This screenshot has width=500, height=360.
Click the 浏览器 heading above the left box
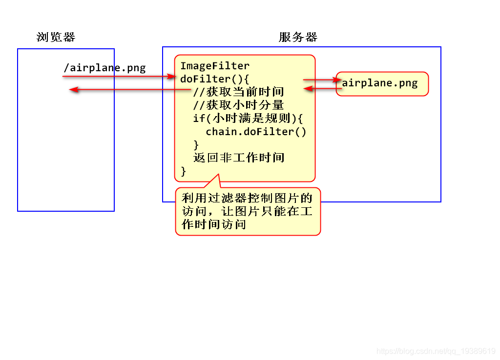(x=56, y=37)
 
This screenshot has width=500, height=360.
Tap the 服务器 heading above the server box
(x=298, y=37)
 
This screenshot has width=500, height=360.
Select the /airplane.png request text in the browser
(x=104, y=67)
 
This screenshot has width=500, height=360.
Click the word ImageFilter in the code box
(x=215, y=66)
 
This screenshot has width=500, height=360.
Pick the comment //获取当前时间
(x=238, y=92)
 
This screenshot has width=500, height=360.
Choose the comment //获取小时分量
(x=238, y=105)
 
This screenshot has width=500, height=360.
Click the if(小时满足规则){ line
(x=248, y=119)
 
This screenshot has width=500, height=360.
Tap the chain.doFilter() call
(x=256, y=132)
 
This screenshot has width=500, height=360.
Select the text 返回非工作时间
(x=238, y=158)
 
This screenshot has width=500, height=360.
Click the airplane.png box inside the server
(x=382, y=83)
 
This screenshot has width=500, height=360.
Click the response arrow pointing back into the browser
(x=122, y=89)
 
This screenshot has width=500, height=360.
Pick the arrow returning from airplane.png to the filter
(x=322, y=89)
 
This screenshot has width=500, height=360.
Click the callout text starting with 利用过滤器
(x=247, y=198)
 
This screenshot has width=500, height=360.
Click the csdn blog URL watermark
(x=437, y=351)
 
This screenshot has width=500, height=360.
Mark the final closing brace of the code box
(x=184, y=171)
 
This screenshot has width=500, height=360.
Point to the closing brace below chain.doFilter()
(x=196, y=145)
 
